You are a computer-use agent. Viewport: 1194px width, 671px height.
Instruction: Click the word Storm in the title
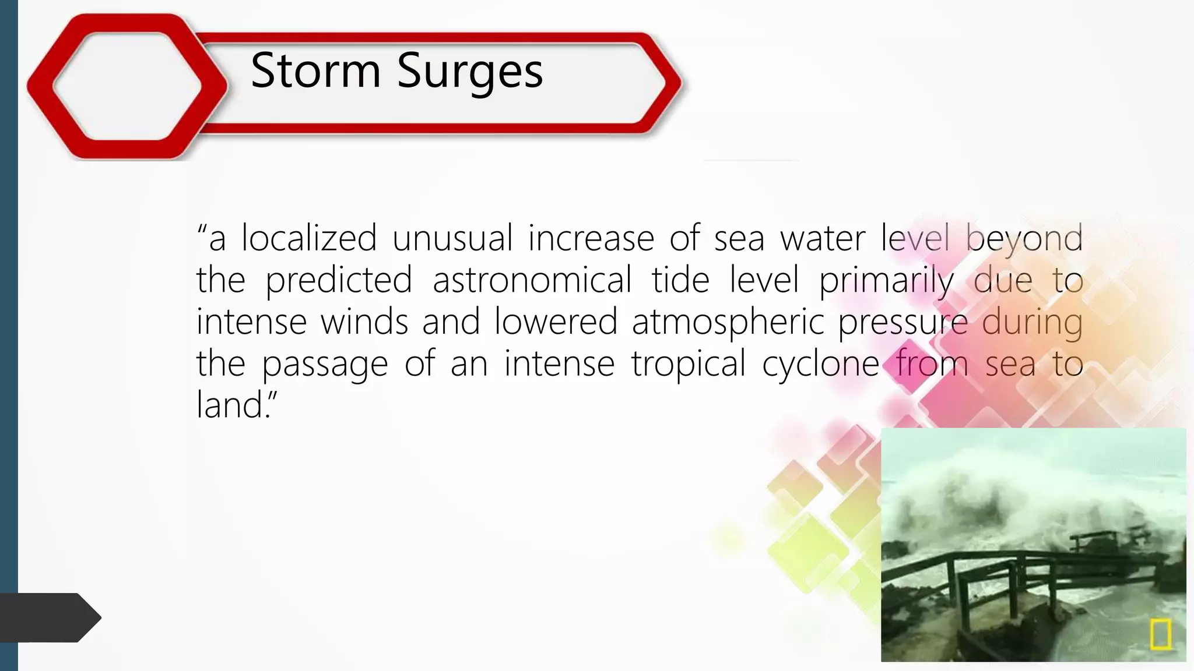(315, 70)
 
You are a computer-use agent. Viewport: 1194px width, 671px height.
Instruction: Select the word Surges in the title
(469, 72)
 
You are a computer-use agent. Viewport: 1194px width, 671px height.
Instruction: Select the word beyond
(1024, 239)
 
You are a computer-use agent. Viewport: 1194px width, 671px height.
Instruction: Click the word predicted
(339, 280)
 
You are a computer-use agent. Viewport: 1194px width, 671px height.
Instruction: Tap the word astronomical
(532, 280)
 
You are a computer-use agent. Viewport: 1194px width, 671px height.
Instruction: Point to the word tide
(680, 280)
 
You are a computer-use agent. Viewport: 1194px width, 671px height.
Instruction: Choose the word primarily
(886, 281)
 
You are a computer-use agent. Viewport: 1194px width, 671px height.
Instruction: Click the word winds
(364, 322)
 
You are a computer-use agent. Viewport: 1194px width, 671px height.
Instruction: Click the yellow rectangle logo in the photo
(1160, 634)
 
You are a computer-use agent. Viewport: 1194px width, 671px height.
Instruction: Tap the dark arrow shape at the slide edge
(50, 617)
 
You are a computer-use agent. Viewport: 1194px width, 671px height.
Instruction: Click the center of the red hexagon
(127, 86)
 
